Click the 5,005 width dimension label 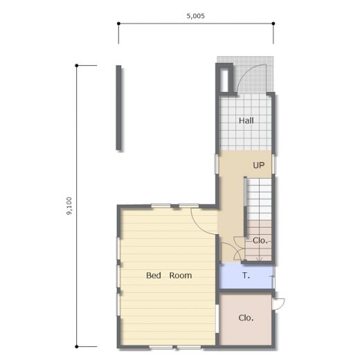195,16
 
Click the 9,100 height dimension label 69,206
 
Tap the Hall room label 246,120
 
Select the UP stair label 258,165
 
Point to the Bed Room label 169,276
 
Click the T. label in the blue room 246,276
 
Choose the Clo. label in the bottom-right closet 246,318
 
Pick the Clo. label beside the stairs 260,241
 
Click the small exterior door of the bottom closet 279,304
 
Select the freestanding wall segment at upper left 118,108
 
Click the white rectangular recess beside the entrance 224,80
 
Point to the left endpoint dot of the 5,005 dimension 118,24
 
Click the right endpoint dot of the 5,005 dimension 273,24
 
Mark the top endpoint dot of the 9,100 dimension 77,66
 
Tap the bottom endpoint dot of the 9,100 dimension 77,346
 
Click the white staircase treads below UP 259,199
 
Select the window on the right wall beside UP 273,164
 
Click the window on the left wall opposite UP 217,164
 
